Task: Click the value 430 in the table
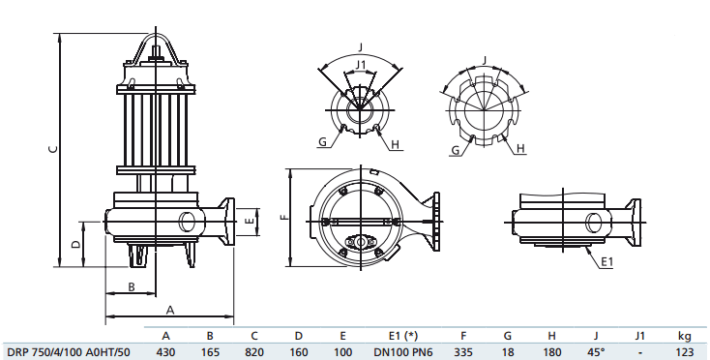[x=165, y=352]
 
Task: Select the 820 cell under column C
[x=254, y=352]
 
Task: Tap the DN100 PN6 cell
[x=396, y=352]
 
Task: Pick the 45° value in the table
[x=597, y=352]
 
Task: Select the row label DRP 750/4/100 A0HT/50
[x=68, y=352]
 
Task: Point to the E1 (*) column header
[x=396, y=335]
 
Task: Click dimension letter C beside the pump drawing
[x=54, y=148]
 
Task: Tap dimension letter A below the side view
[x=169, y=310]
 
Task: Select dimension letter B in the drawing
[x=131, y=286]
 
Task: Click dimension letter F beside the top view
[x=283, y=218]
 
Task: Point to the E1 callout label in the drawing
[x=606, y=262]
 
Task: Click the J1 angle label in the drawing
[x=361, y=65]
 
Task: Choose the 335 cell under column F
[x=463, y=352]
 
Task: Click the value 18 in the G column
[x=508, y=352]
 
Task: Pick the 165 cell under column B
[x=210, y=352]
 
